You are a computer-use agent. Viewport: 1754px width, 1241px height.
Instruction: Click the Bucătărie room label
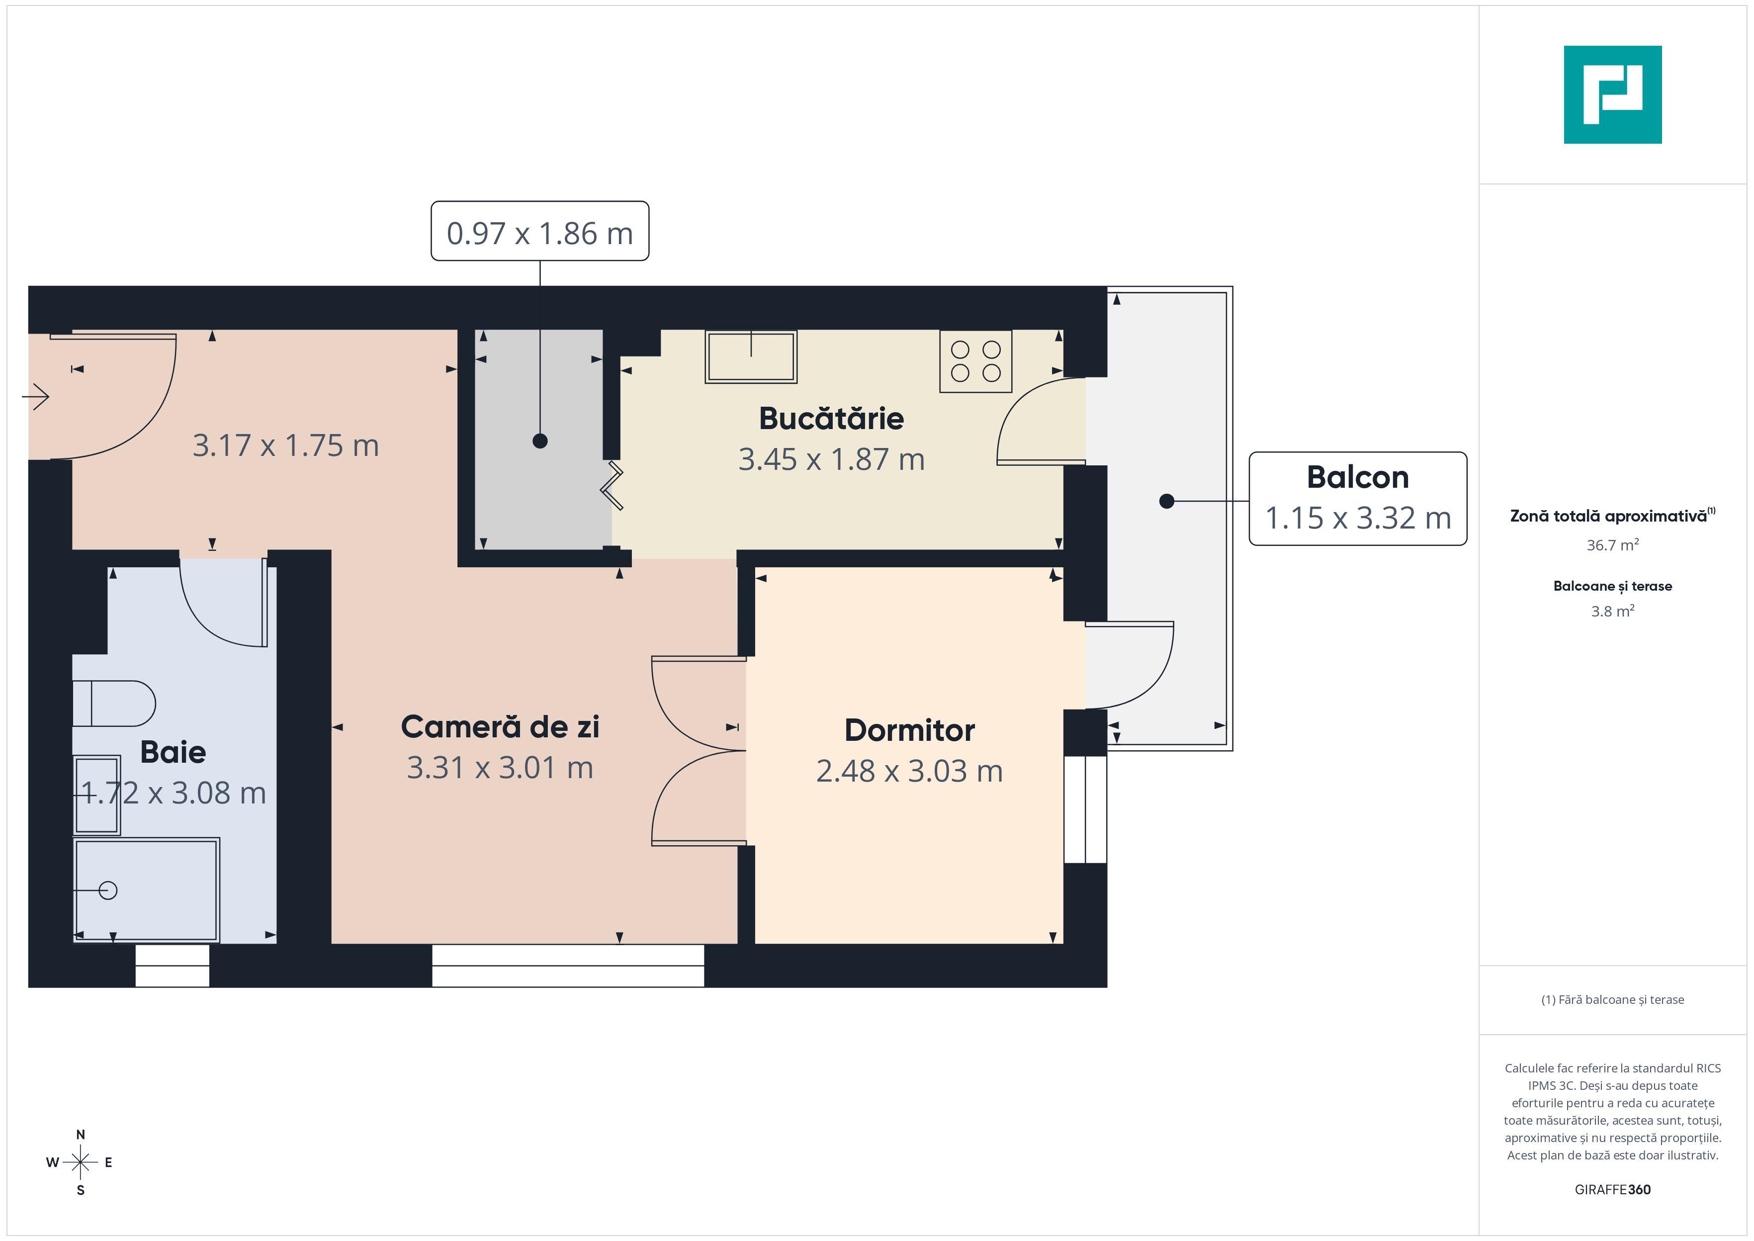coord(831,419)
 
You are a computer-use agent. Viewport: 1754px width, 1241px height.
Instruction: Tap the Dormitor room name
coord(909,730)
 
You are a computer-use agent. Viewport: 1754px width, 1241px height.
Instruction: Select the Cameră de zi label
coord(500,727)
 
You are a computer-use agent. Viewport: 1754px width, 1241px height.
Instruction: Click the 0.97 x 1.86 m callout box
coord(539,232)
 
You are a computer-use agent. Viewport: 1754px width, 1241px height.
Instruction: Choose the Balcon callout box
coord(1358,498)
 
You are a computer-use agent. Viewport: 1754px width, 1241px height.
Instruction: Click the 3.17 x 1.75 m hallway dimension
coord(286,445)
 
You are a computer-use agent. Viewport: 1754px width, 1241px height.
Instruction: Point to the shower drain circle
coord(108,890)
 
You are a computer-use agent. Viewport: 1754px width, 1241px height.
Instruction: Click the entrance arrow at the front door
coord(36,397)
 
